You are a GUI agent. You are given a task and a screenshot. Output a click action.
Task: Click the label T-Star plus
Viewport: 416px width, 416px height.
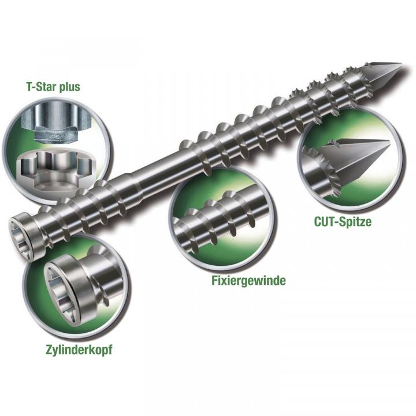click(53, 87)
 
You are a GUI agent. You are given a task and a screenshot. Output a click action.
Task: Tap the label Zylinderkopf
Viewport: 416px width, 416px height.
click(79, 350)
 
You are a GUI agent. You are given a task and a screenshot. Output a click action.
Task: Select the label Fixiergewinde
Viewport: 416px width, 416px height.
click(248, 280)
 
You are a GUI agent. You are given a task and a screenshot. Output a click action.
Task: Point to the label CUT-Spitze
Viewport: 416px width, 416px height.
click(343, 221)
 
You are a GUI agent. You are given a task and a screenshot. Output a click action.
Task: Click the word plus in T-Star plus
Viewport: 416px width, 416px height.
click(69, 87)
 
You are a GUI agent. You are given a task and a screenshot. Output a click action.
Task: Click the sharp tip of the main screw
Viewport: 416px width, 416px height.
click(401, 64)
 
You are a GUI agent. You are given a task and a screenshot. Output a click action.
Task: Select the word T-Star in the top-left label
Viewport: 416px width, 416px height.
click(42, 86)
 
